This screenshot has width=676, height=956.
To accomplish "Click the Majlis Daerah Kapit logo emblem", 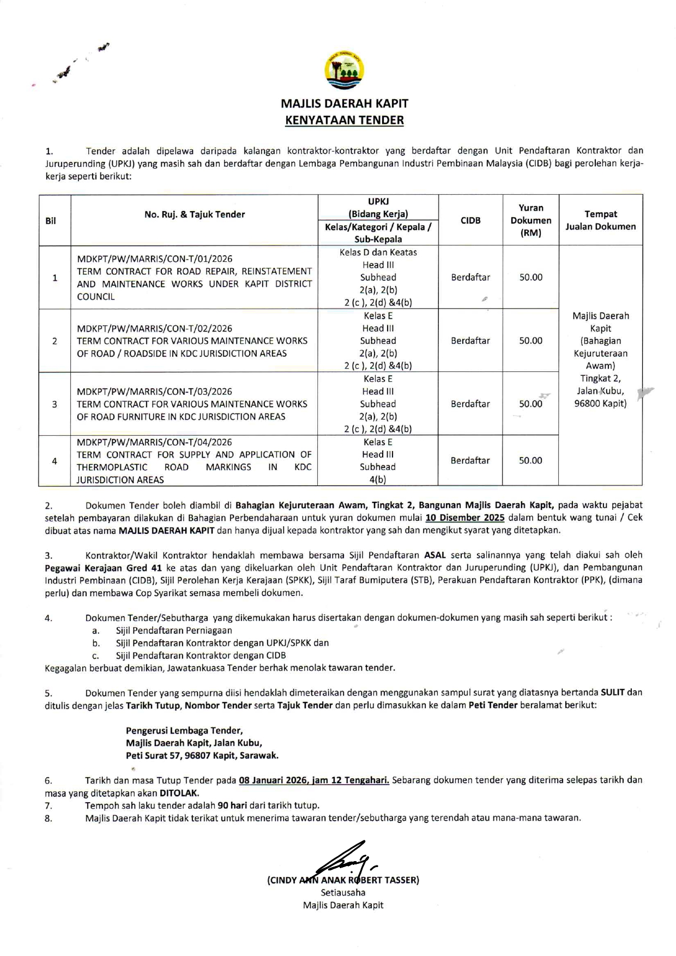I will click(344, 71).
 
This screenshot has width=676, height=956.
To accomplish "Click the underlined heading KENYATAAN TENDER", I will click(344, 121).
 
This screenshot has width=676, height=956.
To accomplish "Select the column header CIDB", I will click(470, 220).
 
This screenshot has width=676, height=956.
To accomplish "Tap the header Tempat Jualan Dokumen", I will click(600, 220).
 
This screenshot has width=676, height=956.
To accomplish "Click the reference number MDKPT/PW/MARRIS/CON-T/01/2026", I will click(155, 259).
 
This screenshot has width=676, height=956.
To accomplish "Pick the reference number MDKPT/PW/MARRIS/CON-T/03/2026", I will click(154, 392).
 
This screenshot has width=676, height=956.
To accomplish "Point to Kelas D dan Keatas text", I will click(378, 252).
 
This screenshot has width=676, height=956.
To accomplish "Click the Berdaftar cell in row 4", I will click(470, 461).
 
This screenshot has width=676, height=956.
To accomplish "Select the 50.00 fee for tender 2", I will click(530, 341).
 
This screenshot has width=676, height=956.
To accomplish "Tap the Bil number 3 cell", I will click(55, 404).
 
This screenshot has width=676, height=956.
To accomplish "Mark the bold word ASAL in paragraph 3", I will click(435, 555).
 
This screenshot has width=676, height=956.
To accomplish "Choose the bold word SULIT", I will click(612, 693).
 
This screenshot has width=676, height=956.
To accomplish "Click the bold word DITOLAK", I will click(179, 793).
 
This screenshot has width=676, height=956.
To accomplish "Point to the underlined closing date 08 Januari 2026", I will click(273, 780).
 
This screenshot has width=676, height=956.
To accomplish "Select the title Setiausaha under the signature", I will click(343, 893).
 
